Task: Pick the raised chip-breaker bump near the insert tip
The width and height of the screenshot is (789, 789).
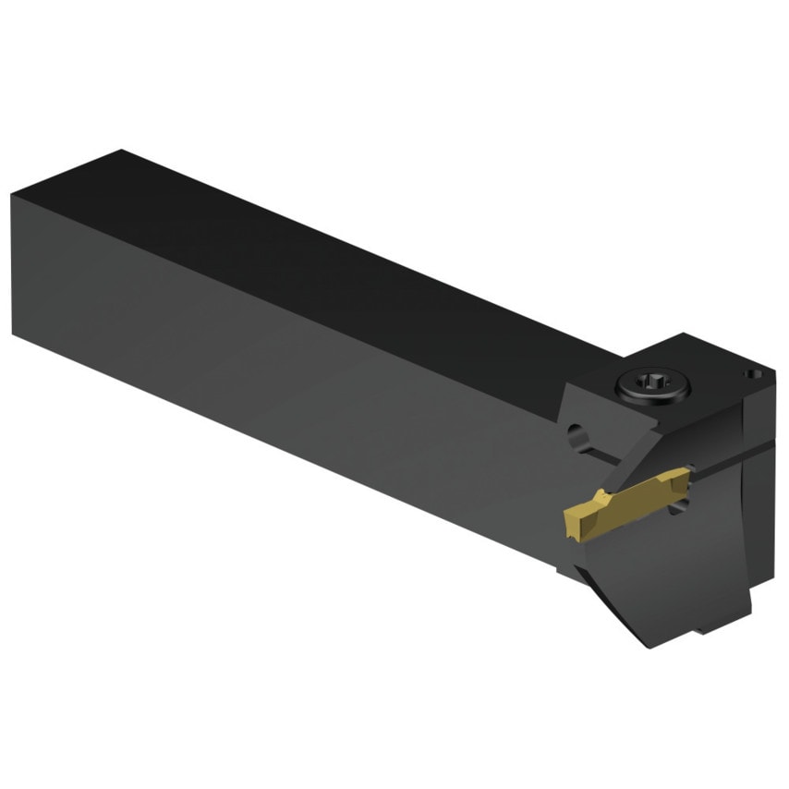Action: click(x=591, y=504)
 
